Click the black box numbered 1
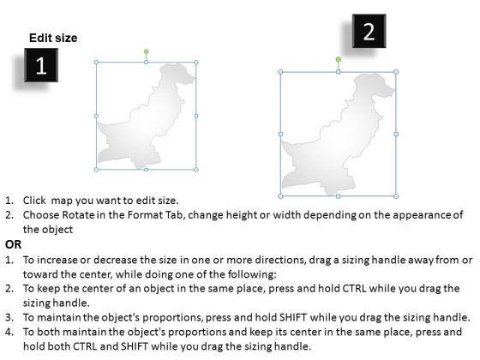coord(41,65)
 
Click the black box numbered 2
coord(369,31)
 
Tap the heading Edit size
coord(53,38)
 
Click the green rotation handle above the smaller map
coord(147,51)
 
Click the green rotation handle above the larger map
coord(339,59)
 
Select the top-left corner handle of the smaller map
coord(96,63)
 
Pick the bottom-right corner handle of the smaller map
coord(196,170)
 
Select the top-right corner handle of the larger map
coord(396,72)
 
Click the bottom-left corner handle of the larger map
coord(280,196)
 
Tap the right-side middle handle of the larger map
coord(396,134)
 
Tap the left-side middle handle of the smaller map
coord(96,116)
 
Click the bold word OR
coord(13,244)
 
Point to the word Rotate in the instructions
coord(78,215)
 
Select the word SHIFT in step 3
coord(293,317)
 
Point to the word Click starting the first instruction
coord(34,201)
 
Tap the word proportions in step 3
coord(172,318)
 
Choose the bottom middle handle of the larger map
coord(339,196)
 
